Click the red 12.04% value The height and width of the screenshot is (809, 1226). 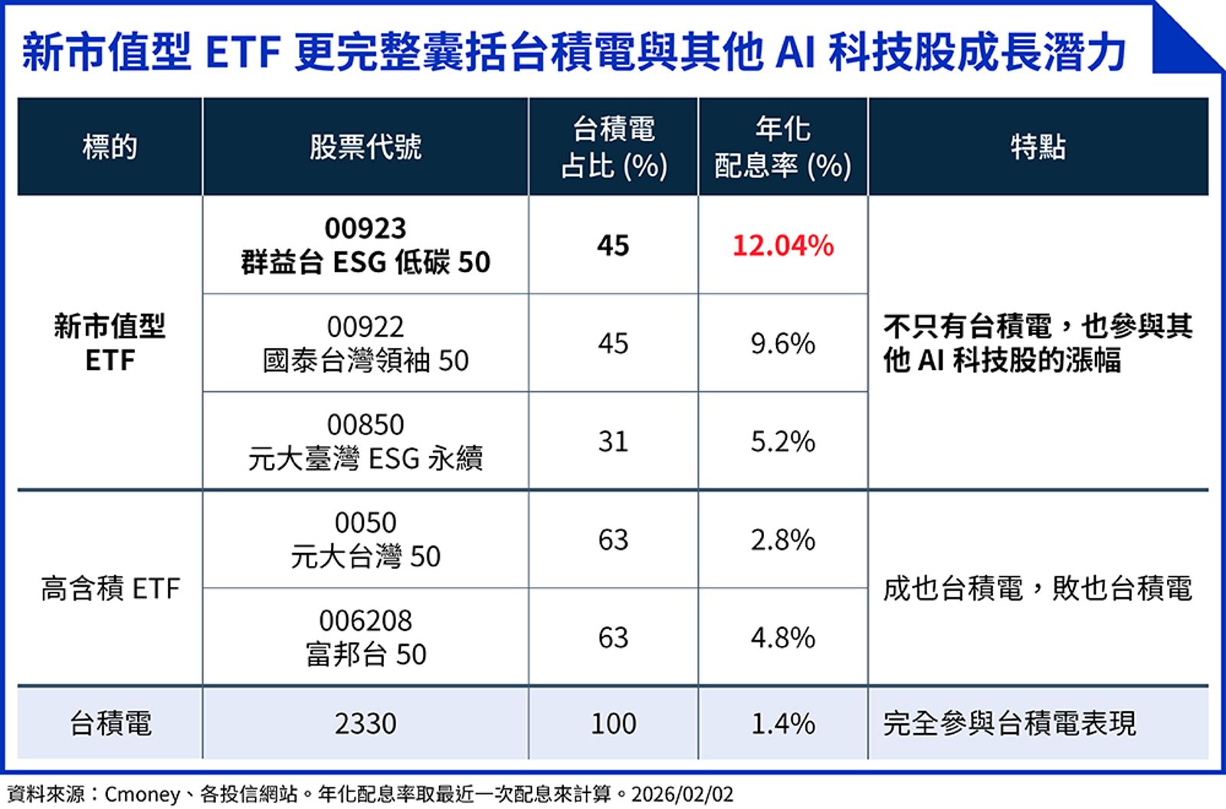782,246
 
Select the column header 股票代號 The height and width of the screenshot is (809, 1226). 366,146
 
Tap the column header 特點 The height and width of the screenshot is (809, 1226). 1038,146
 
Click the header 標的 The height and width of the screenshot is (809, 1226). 110,146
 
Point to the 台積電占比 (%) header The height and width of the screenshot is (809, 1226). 613,147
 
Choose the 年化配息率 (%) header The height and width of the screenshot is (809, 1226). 782,147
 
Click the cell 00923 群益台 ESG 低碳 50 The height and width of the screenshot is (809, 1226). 366,245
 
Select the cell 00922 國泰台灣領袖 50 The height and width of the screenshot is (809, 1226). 366,343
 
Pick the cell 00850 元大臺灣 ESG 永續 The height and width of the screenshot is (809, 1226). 366,441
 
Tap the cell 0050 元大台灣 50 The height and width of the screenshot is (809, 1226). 366,539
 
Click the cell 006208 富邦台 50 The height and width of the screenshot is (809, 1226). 366,637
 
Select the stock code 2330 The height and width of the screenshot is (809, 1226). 366,723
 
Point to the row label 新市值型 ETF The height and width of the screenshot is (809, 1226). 110,343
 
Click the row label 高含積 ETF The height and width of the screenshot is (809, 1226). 110,588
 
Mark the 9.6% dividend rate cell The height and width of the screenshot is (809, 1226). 782,343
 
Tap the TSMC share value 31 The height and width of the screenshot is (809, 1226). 613,441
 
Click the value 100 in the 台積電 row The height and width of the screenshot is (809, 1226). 613,723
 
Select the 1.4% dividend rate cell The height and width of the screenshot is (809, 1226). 782,723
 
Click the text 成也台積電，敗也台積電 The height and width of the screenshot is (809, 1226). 1038,588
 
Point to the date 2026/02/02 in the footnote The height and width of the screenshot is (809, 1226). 682,794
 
